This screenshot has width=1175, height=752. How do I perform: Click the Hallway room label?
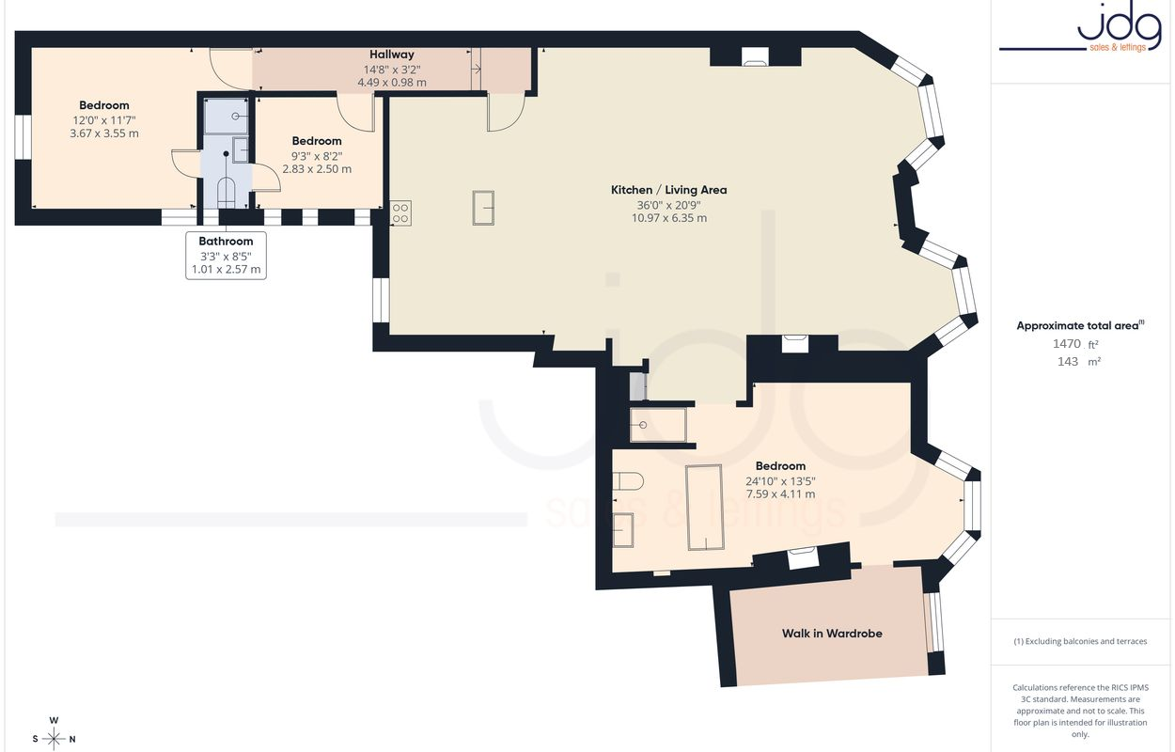[391, 54]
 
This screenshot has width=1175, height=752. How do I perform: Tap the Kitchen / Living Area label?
[668, 190]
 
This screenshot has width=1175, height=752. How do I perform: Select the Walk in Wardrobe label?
[832, 634]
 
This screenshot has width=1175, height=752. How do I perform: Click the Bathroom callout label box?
[227, 256]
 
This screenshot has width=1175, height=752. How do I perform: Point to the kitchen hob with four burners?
[400, 213]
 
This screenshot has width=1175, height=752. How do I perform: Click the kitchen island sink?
[483, 208]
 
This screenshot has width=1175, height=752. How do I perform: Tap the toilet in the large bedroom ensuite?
[628, 481]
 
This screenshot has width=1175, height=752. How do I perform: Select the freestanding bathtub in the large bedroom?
[704, 507]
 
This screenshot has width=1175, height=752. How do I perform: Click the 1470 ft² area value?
[1075, 344]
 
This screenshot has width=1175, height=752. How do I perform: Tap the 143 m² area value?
[1078, 362]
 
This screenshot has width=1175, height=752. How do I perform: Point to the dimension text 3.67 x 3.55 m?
[104, 133]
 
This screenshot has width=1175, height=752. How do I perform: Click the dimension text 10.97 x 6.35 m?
[668, 218]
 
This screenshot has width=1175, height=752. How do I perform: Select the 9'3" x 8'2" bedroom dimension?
[317, 156]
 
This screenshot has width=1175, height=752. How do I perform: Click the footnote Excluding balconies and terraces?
[1080, 641]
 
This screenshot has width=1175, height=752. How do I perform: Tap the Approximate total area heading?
[1080, 325]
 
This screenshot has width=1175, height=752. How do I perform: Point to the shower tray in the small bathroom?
[227, 116]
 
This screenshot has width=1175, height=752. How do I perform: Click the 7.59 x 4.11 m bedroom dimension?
[780, 494]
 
